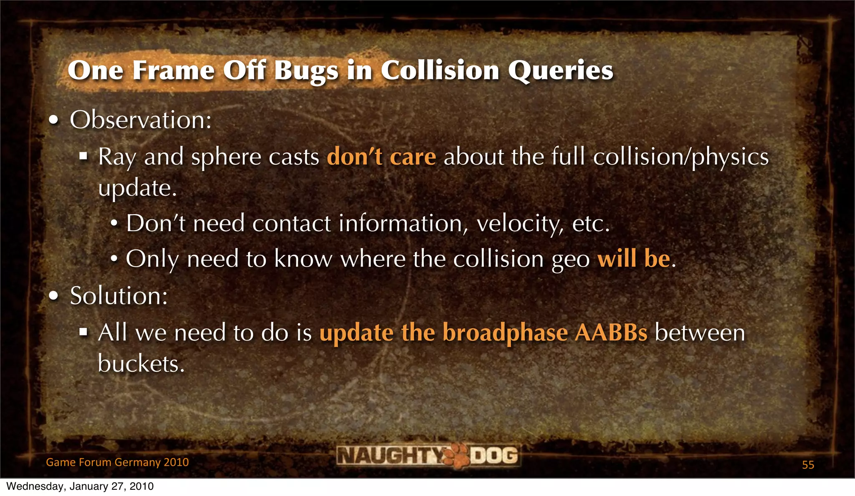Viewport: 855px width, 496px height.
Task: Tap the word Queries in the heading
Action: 560,70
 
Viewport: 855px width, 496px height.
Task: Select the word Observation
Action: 140,120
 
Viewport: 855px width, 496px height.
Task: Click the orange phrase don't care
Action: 381,157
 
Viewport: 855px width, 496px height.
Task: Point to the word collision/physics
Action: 680,157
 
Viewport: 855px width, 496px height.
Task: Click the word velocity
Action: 520,224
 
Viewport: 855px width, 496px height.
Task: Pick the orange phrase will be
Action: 634,259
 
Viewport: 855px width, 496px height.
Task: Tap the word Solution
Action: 119,296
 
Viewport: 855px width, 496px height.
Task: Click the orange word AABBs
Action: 611,333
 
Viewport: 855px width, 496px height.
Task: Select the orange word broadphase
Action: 505,333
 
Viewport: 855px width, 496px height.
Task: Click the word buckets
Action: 141,364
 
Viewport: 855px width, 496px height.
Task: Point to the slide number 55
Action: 808,465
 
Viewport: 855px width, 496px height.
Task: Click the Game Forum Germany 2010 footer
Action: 117,462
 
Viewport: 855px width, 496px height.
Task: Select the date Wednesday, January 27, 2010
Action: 80,486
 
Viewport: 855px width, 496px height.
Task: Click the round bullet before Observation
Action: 53,121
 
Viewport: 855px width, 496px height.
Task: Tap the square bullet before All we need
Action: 83,332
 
